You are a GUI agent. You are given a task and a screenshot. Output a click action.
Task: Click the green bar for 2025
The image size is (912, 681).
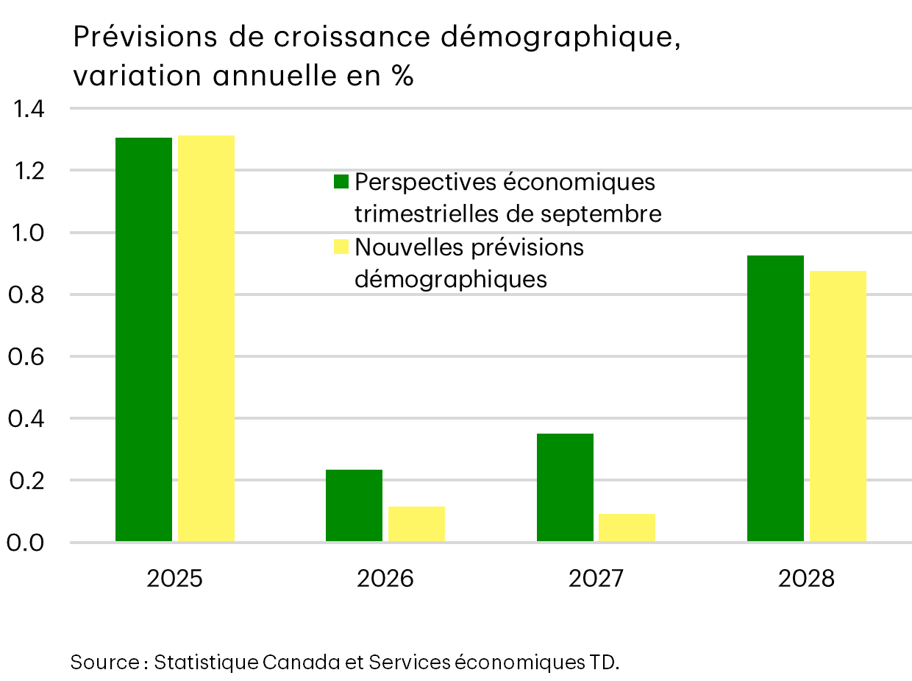click(143, 339)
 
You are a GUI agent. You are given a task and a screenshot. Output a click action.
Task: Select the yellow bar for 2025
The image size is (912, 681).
click(206, 339)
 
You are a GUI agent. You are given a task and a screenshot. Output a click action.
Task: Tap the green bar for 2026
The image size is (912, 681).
click(354, 505)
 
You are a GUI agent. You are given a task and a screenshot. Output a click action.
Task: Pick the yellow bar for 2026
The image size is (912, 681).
click(416, 523)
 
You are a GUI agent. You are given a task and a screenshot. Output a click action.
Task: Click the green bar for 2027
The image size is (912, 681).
click(565, 487)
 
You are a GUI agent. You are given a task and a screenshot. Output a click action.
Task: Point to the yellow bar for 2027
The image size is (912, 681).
click(627, 527)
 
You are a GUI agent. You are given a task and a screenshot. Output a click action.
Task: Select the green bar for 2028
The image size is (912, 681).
click(775, 398)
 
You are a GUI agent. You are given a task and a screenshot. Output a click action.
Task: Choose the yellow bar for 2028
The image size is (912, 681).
click(838, 406)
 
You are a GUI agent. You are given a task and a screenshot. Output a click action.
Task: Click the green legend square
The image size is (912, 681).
click(341, 181)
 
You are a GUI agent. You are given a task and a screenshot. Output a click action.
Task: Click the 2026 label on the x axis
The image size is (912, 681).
click(385, 579)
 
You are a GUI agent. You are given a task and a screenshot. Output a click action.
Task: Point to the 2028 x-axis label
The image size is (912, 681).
click(807, 579)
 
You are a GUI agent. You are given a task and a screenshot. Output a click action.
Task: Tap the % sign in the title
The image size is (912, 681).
click(402, 77)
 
